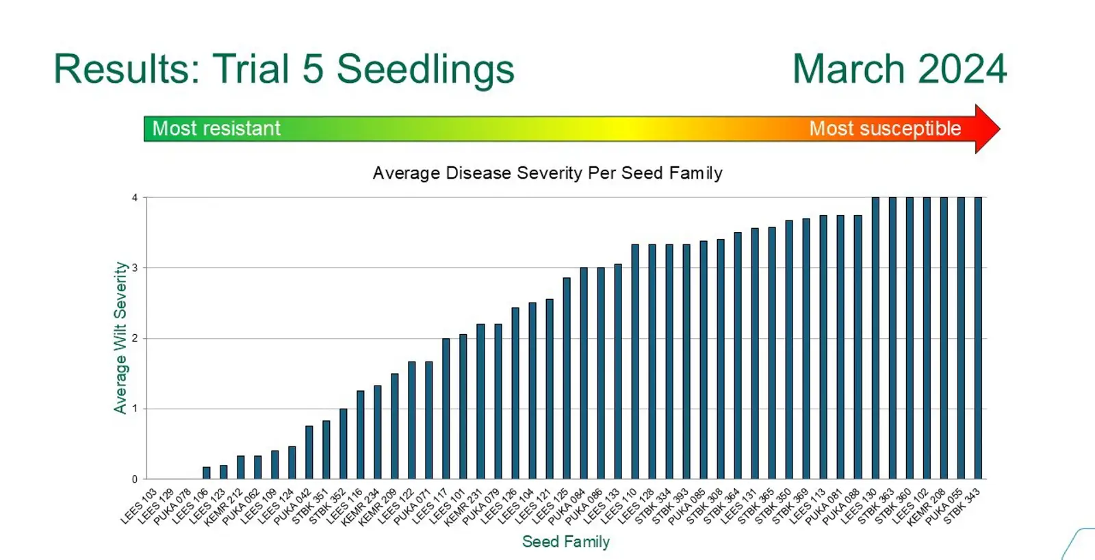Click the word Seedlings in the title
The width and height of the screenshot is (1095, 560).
(x=425, y=70)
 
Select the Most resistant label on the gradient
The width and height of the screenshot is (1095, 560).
(x=216, y=129)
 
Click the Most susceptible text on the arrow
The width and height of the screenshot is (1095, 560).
(x=884, y=129)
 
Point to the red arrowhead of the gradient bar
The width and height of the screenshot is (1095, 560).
(x=987, y=129)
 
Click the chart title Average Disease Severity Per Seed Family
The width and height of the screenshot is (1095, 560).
(x=547, y=173)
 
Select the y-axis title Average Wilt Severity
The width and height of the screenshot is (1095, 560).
(x=120, y=338)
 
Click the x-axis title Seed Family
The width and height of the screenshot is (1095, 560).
(x=565, y=542)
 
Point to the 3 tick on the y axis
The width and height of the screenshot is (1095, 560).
(x=135, y=268)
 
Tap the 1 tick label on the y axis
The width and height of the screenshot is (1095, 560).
(x=135, y=409)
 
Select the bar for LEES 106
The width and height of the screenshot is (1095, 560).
(x=206, y=473)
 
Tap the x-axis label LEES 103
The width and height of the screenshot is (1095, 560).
(x=140, y=507)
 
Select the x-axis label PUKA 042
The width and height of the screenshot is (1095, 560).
(x=293, y=507)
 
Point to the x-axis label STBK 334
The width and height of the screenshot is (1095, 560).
(x=654, y=507)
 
